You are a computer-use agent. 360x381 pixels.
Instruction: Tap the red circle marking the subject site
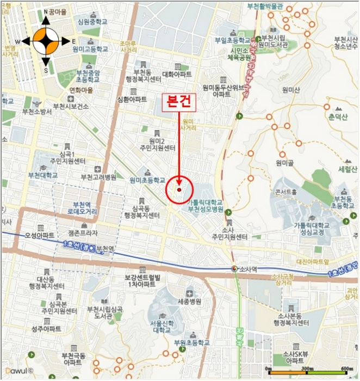179,189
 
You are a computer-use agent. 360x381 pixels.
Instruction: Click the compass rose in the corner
45,41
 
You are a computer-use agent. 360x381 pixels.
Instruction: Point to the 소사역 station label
248,268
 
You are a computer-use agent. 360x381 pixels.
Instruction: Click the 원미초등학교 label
147,180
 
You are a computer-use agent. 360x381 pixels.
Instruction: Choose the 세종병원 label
190,301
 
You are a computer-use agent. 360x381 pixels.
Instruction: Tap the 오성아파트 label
39,236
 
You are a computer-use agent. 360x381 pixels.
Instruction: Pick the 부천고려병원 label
98,177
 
